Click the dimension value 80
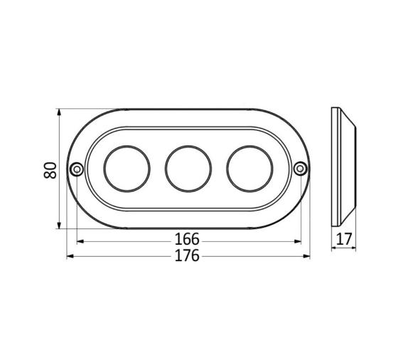[50, 170]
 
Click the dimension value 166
[187, 240]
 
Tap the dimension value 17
[345, 240]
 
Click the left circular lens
[127, 169]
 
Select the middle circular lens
[188, 169]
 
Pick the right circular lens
[249, 169]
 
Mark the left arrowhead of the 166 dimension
[79, 240]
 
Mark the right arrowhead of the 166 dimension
[298, 240]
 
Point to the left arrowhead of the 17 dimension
[335, 246]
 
